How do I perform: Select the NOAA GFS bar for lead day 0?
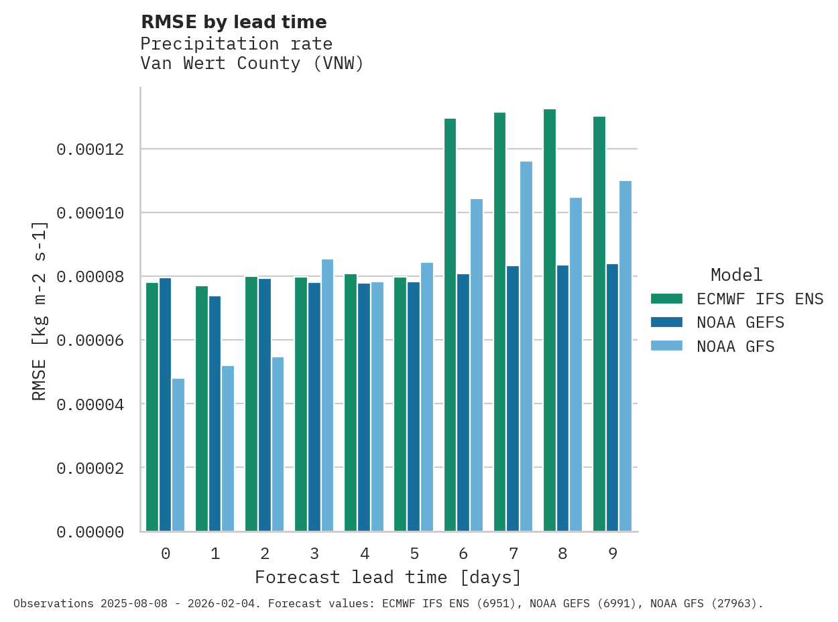point(178,455)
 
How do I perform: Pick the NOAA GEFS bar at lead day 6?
point(463,403)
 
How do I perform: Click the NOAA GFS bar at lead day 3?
point(327,395)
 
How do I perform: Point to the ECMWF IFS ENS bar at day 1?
point(202,409)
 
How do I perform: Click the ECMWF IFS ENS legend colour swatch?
point(666,298)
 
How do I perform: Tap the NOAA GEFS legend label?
point(740,322)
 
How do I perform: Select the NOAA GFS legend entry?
point(735,347)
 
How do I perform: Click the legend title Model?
point(736,275)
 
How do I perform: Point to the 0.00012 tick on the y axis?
point(90,149)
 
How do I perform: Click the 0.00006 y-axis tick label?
point(90,340)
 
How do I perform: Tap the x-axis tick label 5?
point(414,554)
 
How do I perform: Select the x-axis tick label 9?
point(613,554)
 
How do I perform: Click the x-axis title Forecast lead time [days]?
point(388,577)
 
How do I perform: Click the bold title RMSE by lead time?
point(234,22)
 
